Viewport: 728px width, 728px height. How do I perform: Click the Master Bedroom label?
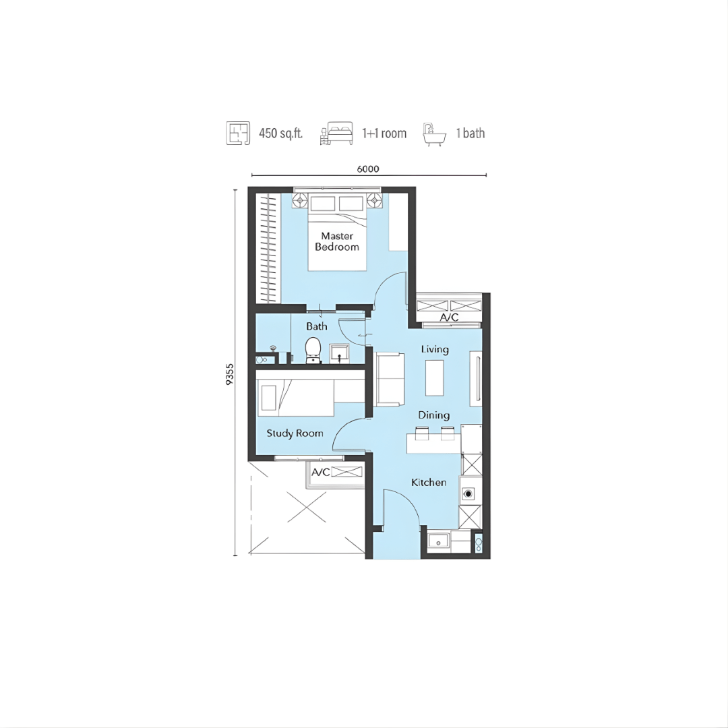pyautogui.click(x=337, y=241)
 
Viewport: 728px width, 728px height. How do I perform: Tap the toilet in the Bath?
pyautogui.click(x=313, y=351)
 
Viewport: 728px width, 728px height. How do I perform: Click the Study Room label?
pyautogui.click(x=295, y=433)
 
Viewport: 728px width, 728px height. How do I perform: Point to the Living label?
pyautogui.click(x=435, y=349)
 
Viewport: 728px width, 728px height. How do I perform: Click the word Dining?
pyautogui.click(x=433, y=415)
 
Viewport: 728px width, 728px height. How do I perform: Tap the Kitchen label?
pyautogui.click(x=429, y=483)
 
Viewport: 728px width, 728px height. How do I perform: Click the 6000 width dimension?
pyautogui.click(x=368, y=169)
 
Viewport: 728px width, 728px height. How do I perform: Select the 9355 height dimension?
pyautogui.click(x=230, y=374)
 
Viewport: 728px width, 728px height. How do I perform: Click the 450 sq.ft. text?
pyautogui.click(x=280, y=133)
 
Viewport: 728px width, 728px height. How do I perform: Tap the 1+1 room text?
pyautogui.click(x=384, y=133)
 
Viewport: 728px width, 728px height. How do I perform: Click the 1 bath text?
pyautogui.click(x=471, y=133)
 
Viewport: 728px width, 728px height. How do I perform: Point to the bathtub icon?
pyautogui.click(x=434, y=135)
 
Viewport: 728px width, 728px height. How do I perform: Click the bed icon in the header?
pyautogui.click(x=336, y=133)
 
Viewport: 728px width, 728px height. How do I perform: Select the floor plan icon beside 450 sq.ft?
pyautogui.click(x=238, y=133)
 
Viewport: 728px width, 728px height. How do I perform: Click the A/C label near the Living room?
pyautogui.click(x=449, y=317)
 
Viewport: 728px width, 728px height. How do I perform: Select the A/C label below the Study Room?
pyautogui.click(x=320, y=472)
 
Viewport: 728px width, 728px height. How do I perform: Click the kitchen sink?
pyautogui.click(x=438, y=541)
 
